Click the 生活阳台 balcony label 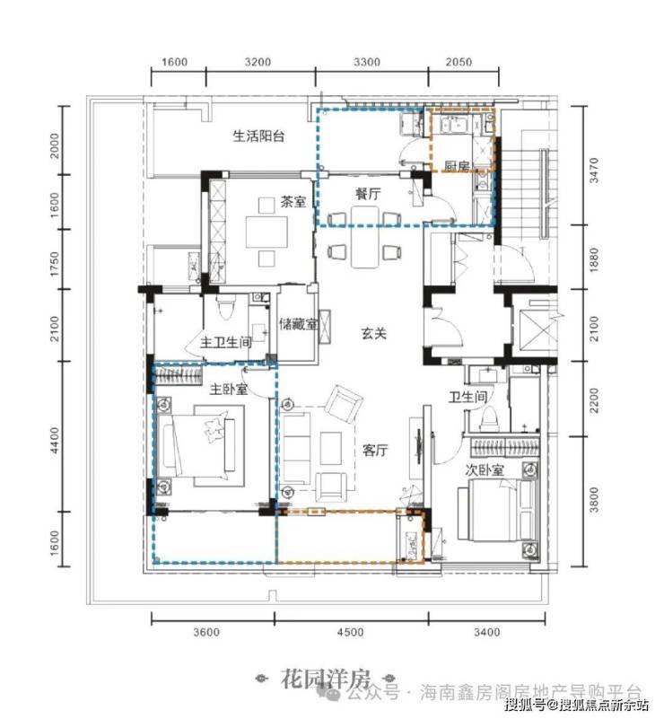[259, 136]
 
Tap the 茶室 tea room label [293, 202]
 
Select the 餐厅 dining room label [368, 194]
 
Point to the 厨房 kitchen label [457, 166]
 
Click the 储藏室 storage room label [298, 324]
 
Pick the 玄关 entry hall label [374, 333]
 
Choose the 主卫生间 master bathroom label [226, 342]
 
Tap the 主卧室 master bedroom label [229, 390]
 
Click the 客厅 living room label [375, 451]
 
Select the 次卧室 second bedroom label [485, 470]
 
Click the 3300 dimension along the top [367, 62]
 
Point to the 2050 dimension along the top [459, 62]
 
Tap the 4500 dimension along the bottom [350, 632]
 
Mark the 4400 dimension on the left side [55, 440]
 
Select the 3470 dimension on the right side [594, 171]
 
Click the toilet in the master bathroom [226, 306]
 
